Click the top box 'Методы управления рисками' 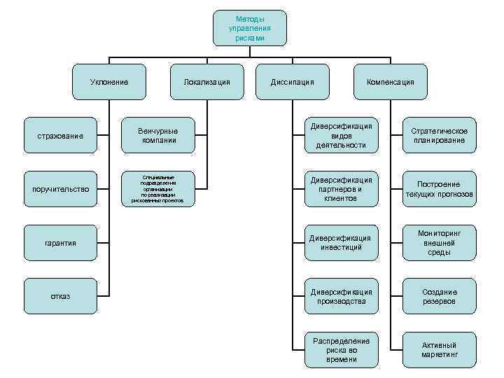pos(250,28)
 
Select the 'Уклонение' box pos(110,82)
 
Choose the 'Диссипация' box pos(292,82)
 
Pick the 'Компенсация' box pos(391,82)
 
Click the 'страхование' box pos(60,135)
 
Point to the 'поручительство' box pos(60,188)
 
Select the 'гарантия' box pos(60,242)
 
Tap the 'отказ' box pos(60,296)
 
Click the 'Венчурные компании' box pos(157,135)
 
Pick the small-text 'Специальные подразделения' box pos(157,189)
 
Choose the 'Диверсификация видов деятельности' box pos(342,135)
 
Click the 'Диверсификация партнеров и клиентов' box pos(342,188)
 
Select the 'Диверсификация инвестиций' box pos(342,242)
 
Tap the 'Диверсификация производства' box pos(342,296)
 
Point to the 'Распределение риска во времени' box pos(342,349)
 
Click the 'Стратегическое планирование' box pos(439,135)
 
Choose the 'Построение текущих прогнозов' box pos(439,188)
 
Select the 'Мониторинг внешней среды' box pos(439,242)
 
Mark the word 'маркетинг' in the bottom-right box pos(439,355)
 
